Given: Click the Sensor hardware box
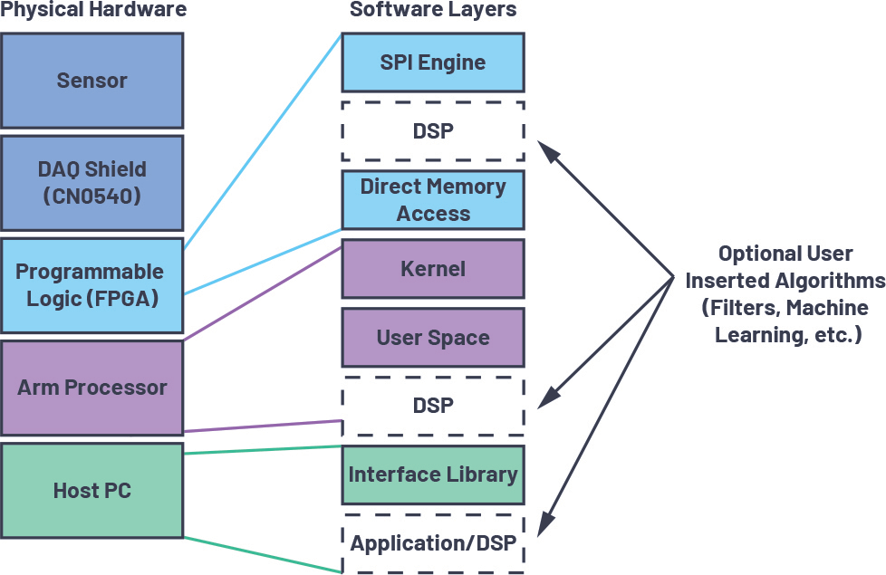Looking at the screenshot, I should (x=91, y=81).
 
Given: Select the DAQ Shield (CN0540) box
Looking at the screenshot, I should (x=91, y=183).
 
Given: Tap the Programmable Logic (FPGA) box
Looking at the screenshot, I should (x=91, y=284).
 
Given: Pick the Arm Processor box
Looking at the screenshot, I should (x=91, y=388).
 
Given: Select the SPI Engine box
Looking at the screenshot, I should (x=432, y=62).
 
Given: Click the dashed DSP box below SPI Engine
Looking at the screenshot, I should (x=432, y=130).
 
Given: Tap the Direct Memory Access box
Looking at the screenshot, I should (x=432, y=200).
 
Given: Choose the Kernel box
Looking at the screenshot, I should (x=432, y=269).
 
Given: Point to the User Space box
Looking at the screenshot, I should (x=432, y=338).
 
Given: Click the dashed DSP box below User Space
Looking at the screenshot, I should (x=432, y=406).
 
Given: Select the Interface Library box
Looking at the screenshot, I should (x=432, y=474).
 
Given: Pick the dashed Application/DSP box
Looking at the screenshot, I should (x=432, y=543).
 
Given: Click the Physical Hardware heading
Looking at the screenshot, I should (x=93, y=11).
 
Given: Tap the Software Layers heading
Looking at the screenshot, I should (x=433, y=11).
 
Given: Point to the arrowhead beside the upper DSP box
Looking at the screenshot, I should (x=545, y=149).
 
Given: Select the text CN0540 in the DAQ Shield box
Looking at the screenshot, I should (x=91, y=196).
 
